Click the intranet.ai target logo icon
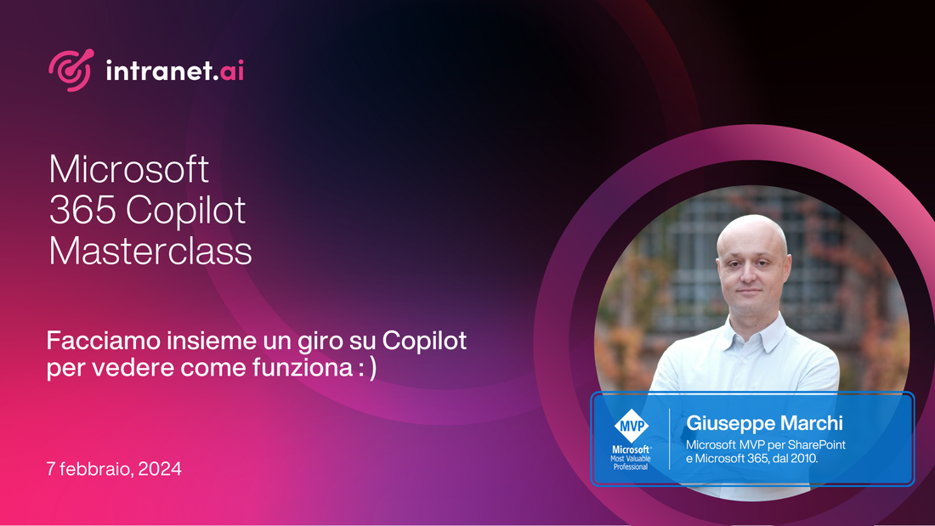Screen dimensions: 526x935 69,71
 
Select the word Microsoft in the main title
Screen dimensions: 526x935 129,169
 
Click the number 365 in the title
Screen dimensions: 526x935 72,210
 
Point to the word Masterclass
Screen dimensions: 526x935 150,252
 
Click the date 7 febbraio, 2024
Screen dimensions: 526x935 115,469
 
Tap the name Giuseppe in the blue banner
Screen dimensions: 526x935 728,422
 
